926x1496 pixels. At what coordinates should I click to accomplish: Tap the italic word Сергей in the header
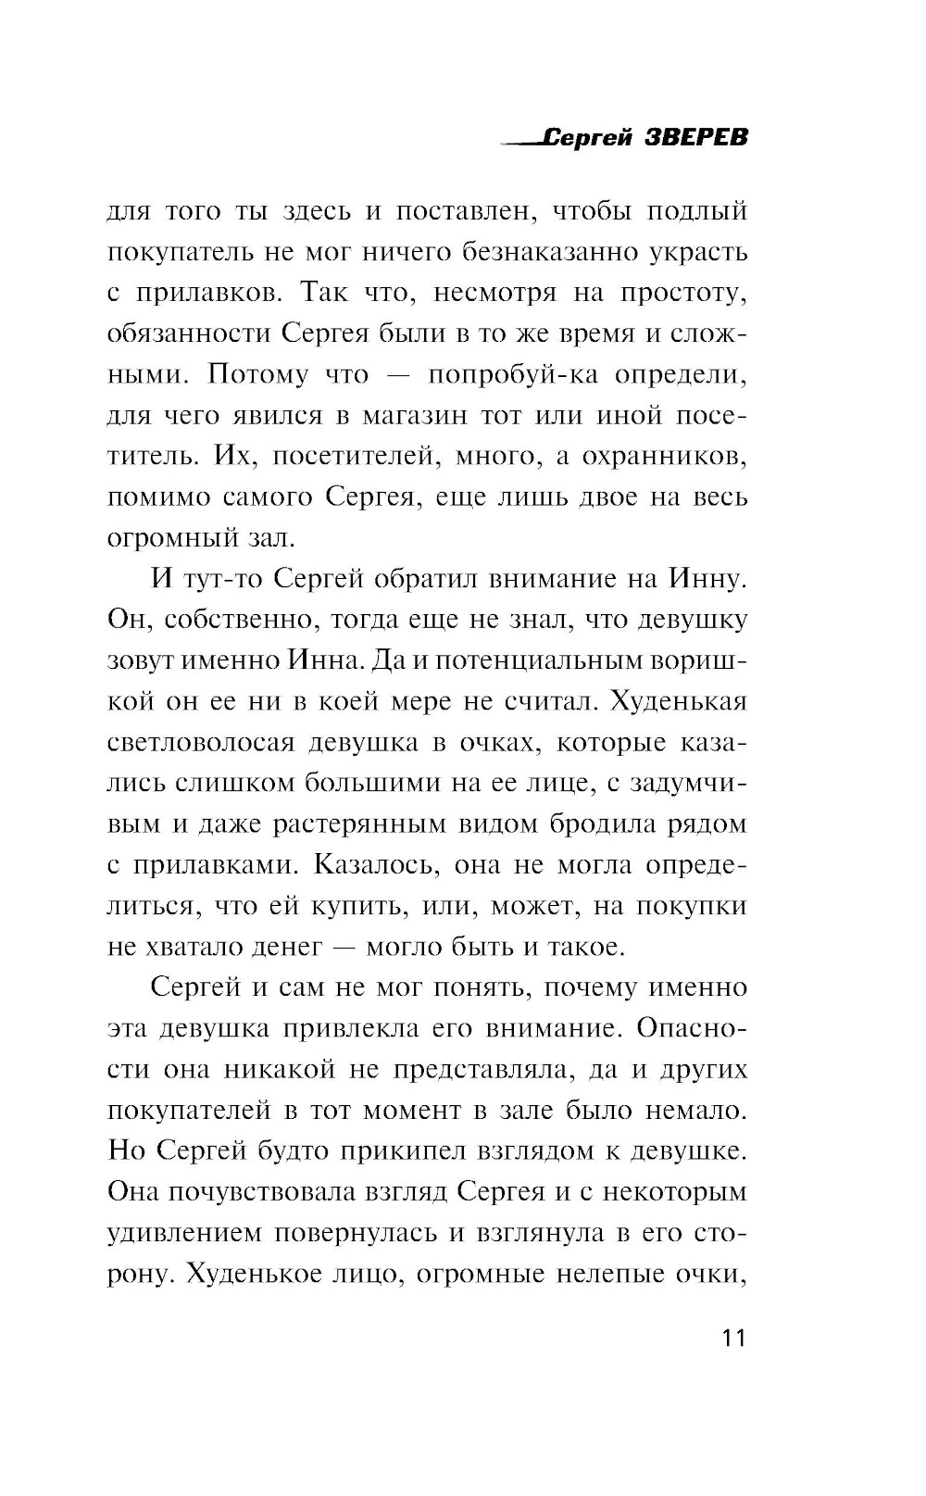point(583,138)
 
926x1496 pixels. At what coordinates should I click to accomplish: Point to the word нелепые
point(614,1274)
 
